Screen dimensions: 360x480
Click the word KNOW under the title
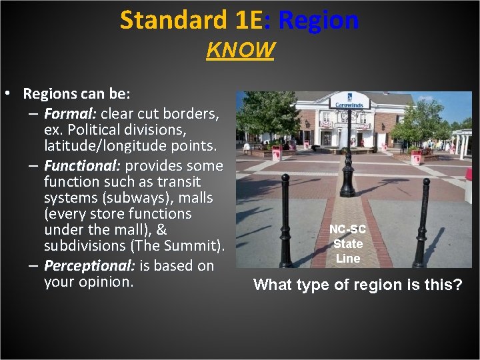(x=240, y=50)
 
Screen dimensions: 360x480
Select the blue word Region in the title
(x=319, y=21)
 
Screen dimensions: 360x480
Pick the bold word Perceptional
(x=89, y=265)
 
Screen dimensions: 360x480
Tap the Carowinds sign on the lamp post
(x=350, y=104)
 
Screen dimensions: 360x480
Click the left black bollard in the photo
(x=286, y=220)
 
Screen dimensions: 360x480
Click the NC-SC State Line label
(x=347, y=243)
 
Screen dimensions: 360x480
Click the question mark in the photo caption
(x=457, y=286)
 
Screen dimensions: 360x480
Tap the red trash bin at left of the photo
(x=277, y=153)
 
